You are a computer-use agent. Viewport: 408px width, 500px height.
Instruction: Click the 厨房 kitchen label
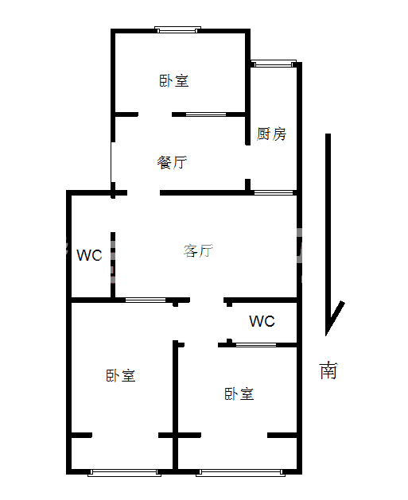(x=271, y=134)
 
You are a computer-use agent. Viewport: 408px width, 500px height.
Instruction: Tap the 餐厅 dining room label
(x=172, y=162)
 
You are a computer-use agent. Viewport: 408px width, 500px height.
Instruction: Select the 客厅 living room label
(x=198, y=250)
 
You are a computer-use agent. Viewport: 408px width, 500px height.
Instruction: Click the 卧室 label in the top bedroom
(x=174, y=80)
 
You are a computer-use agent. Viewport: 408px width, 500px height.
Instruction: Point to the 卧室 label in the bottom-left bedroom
(x=121, y=375)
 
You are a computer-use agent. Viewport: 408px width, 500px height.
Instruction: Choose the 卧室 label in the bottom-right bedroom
(x=239, y=393)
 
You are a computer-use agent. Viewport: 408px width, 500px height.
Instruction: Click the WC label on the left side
(x=89, y=255)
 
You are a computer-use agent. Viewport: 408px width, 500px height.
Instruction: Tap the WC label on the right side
(x=262, y=321)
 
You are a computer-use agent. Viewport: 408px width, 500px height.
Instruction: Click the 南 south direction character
(x=328, y=370)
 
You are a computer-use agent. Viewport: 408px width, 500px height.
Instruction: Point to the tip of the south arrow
(x=326, y=335)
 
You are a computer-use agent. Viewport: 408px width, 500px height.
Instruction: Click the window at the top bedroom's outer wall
(x=177, y=29)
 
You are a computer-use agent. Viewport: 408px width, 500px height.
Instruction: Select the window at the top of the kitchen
(x=274, y=64)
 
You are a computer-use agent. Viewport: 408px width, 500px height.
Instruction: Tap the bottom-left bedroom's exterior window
(x=124, y=472)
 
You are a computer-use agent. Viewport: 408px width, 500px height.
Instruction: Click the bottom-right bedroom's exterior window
(x=240, y=472)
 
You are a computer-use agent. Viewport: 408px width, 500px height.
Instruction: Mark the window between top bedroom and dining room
(x=206, y=114)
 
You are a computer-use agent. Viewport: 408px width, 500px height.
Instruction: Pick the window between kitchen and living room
(x=274, y=192)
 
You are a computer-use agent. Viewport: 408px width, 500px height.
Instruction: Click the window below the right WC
(x=256, y=345)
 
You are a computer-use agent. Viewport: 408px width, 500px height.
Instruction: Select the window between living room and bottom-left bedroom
(x=146, y=300)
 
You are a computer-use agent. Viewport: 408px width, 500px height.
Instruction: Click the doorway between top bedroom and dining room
(x=155, y=114)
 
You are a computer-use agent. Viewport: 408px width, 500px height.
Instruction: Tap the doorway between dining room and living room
(x=143, y=192)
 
